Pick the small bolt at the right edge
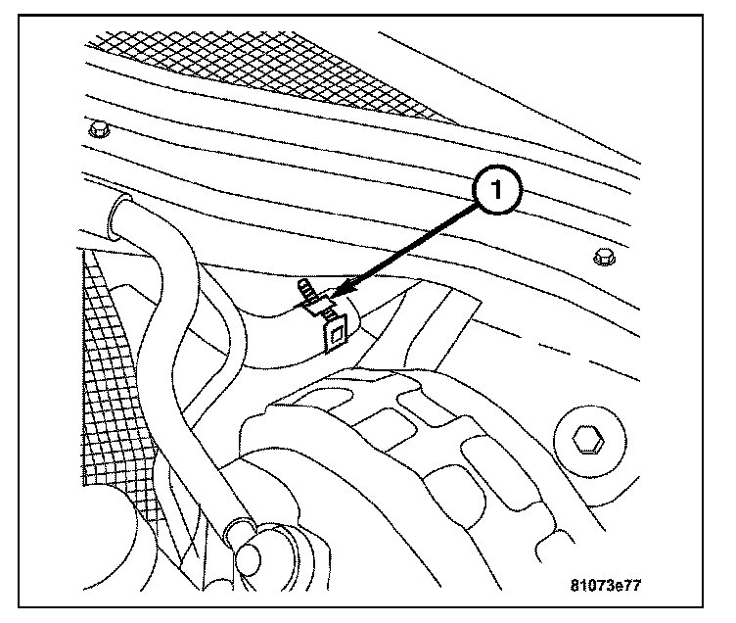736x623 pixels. [603, 258]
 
